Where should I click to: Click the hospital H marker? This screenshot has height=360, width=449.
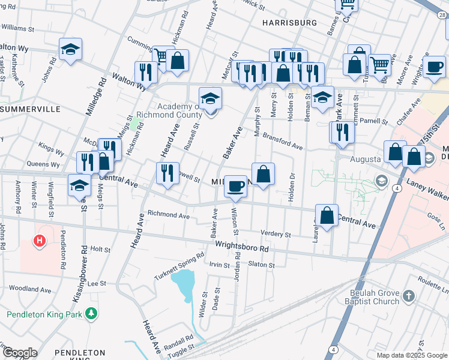point(40,241)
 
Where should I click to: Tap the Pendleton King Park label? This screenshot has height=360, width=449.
point(44,314)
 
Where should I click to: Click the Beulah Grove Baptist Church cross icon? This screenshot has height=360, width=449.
point(408,296)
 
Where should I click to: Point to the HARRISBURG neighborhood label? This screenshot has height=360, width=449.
point(289,23)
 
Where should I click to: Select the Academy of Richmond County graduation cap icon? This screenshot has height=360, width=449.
point(210,99)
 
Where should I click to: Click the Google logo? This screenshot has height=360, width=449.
point(19,353)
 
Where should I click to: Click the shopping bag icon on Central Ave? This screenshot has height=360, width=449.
point(326,216)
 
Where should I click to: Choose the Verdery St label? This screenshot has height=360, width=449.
point(276,234)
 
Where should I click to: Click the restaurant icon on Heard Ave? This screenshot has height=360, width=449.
point(167,173)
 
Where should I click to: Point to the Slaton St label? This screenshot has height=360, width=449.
point(261,265)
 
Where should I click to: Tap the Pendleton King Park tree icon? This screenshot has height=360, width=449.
point(91,313)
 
